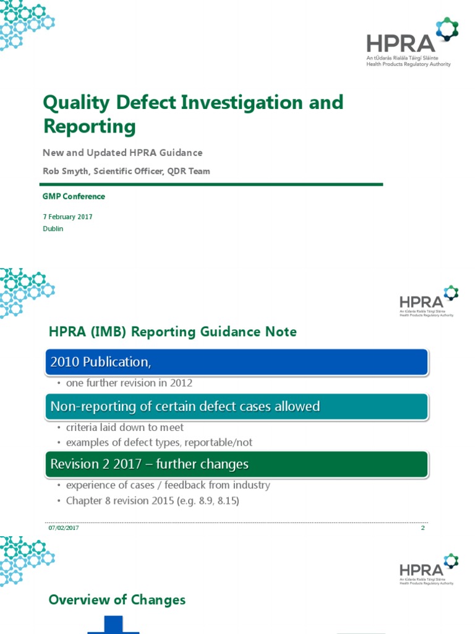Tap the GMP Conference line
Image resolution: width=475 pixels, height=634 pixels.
(x=74, y=196)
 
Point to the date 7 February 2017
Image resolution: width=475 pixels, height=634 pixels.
(x=68, y=217)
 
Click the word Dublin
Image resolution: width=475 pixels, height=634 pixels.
(x=53, y=228)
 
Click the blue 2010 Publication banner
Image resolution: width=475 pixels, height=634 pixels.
(x=236, y=362)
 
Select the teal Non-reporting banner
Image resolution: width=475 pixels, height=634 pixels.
(x=236, y=407)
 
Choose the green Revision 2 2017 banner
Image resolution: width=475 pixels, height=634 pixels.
(x=236, y=464)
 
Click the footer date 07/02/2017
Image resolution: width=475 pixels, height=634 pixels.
(x=63, y=528)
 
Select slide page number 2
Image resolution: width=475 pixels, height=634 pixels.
(x=423, y=528)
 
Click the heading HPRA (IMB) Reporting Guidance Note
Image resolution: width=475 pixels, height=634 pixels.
(x=173, y=332)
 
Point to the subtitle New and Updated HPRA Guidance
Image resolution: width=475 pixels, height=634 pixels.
(x=122, y=153)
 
